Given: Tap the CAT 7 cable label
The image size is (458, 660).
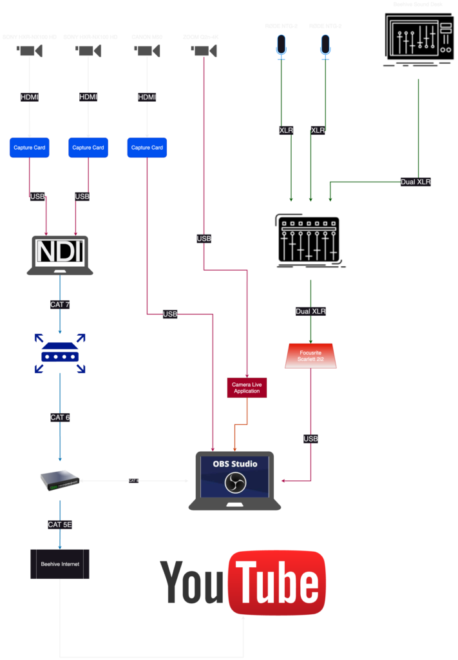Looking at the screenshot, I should tap(60, 304).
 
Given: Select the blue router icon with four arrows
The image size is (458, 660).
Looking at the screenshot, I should tap(60, 353).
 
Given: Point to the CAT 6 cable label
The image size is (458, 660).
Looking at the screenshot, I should tap(60, 417).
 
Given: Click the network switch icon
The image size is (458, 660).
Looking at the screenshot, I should tap(60, 480).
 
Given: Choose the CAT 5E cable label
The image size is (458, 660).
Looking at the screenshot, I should tap(60, 525).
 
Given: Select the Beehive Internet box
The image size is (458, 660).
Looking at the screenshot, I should tap(60, 564).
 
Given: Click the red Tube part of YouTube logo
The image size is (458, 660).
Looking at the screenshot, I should tap(278, 583).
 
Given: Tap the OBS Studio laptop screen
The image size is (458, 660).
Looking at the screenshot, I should tap(234, 477).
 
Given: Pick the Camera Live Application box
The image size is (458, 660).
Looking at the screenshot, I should tap(247, 387).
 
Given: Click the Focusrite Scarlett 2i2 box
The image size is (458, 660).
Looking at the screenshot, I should tap(310, 356).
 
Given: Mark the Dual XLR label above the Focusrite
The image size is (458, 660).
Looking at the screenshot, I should tap(310, 311).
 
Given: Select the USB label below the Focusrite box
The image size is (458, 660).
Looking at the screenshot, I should tap(310, 439).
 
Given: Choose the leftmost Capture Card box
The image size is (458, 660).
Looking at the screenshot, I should tap(30, 148).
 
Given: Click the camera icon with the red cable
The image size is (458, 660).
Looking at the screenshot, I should tap(204, 51).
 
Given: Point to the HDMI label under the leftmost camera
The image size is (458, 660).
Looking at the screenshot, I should tap(30, 97).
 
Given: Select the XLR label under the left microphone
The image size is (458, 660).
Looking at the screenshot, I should tap(286, 130).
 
